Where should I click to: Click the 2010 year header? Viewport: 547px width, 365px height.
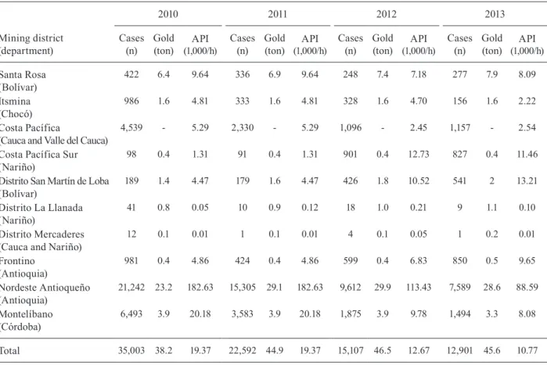[x=167, y=14]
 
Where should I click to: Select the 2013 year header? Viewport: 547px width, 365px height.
[x=495, y=14]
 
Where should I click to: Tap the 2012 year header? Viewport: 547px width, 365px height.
[x=386, y=14]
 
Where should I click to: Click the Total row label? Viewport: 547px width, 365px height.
[x=9, y=350]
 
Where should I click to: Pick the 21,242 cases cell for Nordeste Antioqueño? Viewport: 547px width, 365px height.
[x=131, y=288]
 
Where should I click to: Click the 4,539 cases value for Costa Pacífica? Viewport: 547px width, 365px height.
[x=131, y=127]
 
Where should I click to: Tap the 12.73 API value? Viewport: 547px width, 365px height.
[x=419, y=154]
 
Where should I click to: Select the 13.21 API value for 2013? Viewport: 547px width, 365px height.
[x=527, y=181]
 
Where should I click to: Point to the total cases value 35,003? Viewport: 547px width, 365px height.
[x=131, y=350]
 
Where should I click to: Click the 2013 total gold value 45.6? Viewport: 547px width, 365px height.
[x=492, y=350]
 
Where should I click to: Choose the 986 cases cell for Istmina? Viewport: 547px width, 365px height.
[x=131, y=101]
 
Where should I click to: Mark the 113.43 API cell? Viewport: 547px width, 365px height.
[x=419, y=288]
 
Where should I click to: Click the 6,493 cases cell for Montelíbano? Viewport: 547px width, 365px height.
[x=131, y=313]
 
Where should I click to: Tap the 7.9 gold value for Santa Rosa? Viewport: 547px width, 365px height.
[x=492, y=74]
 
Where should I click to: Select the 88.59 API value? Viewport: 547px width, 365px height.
[x=527, y=288]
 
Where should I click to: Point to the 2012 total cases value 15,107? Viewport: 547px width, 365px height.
[x=351, y=350]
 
